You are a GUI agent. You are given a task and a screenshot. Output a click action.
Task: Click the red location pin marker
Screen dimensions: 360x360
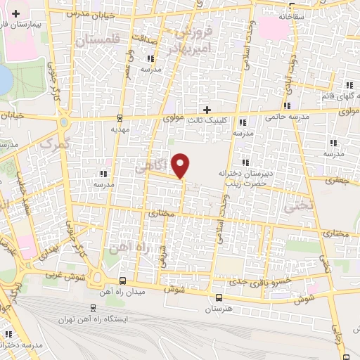pos(181,165)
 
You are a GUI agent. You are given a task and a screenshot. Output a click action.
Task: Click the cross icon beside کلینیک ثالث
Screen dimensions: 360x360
pos(207,109)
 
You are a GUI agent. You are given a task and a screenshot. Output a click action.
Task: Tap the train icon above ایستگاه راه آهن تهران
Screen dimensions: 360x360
pos(94,308)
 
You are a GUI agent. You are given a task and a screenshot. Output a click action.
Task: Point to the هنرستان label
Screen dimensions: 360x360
pos(219,309)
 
